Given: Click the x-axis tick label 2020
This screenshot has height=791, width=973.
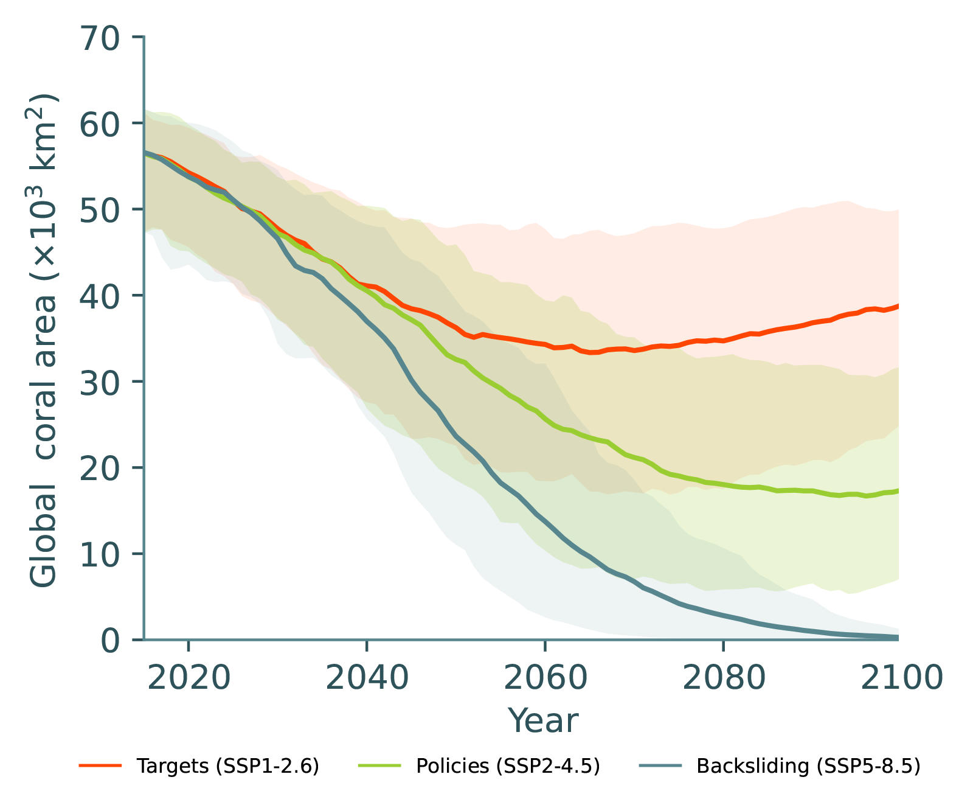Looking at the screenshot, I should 189,677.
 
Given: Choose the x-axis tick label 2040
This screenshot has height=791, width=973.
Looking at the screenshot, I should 367,677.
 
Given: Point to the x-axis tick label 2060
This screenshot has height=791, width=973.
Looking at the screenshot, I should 545,677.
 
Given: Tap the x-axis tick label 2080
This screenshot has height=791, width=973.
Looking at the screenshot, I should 723,677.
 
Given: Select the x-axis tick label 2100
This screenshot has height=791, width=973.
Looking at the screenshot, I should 901,677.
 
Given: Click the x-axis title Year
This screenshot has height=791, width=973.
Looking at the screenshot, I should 543,721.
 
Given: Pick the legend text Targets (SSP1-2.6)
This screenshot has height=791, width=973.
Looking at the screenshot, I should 228,765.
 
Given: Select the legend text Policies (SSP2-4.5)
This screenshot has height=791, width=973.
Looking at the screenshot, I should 508,765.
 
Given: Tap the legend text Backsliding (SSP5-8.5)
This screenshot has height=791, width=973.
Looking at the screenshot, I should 808,765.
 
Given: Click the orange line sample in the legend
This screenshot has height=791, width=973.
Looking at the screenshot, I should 100,765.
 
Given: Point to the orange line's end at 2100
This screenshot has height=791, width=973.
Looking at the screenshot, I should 898,306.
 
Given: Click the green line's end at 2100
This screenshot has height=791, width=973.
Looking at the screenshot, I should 898,490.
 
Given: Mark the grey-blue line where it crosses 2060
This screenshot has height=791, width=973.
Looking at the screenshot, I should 545,522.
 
